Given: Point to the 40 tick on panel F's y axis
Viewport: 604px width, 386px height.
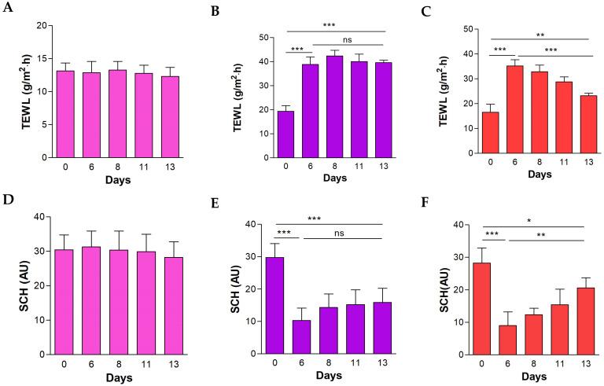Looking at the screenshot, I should point(474,225).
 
